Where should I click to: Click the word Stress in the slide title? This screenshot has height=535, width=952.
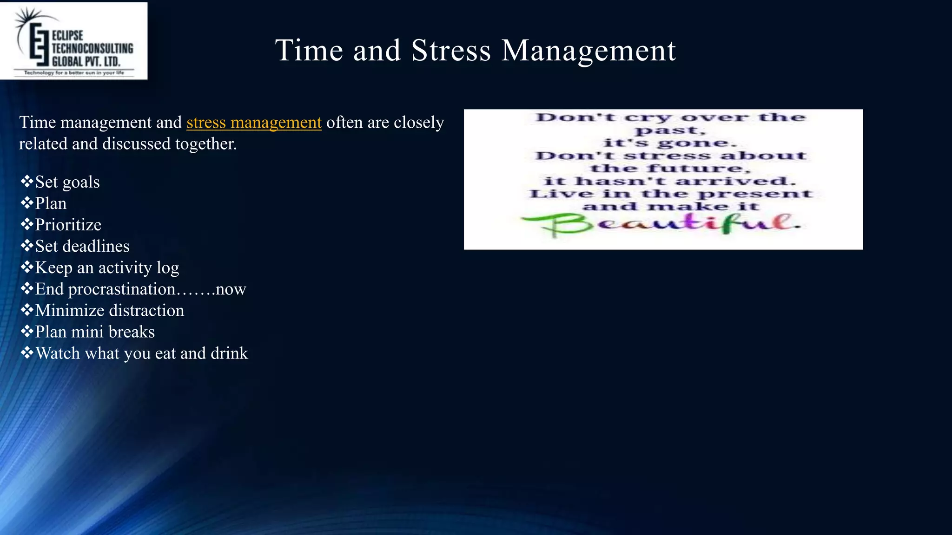(451, 50)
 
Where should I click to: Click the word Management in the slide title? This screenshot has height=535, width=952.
(588, 50)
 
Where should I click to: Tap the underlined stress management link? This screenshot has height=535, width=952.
(254, 123)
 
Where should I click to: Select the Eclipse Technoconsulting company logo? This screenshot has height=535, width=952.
(74, 41)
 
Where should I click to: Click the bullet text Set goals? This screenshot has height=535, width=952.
(67, 182)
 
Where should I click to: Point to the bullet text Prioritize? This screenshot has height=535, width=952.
(68, 225)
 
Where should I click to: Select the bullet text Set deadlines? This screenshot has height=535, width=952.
(82, 246)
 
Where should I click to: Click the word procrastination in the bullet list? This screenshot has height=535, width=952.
(122, 289)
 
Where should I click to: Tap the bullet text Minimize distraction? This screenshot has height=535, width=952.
(110, 311)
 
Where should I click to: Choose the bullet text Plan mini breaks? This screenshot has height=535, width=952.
(95, 332)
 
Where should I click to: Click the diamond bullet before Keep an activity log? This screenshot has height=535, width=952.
(27, 267)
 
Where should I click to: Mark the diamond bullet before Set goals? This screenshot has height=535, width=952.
(27, 181)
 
